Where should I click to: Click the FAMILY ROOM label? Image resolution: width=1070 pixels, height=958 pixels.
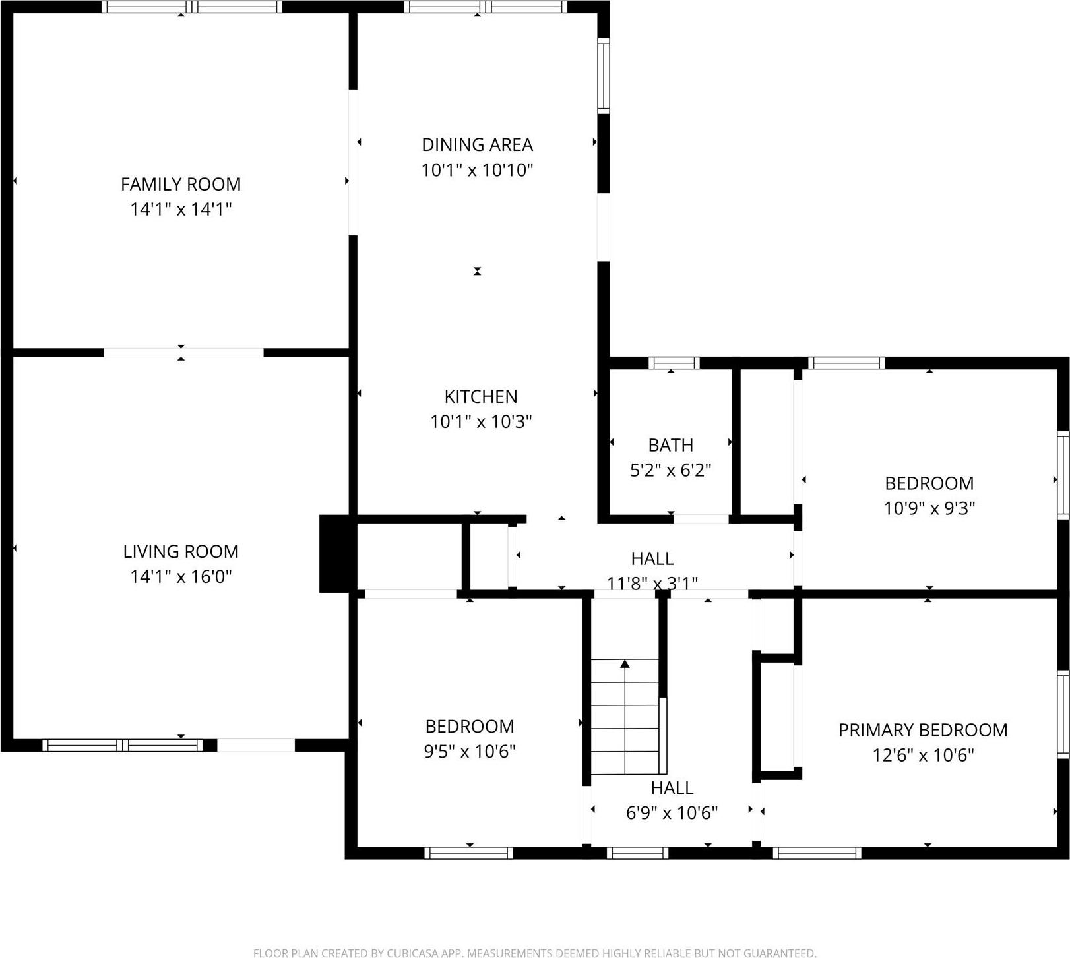(x=181, y=184)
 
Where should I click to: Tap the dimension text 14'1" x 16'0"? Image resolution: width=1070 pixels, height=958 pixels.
(x=181, y=576)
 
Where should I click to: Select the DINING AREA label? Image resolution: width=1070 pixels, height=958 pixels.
(x=477, y=144)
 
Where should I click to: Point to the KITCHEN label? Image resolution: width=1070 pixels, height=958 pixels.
(x=481, y=396)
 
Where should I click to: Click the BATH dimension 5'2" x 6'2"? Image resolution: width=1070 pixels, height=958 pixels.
(x=670, y=470)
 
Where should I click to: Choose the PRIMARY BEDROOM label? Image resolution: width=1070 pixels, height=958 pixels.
(x=922, y=730)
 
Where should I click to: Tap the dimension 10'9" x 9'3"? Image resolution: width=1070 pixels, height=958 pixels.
(x=929, y=508)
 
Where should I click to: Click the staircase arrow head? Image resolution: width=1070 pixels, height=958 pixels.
(x=625, y=663)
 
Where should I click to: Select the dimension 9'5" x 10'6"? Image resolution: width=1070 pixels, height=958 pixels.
(x=469, y=751)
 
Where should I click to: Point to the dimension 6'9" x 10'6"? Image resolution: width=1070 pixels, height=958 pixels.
(x=672, y=813)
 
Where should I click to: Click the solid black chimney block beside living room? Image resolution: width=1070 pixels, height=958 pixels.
(x=337, y=553)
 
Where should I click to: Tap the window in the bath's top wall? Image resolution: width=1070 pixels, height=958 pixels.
(x=674, y=363)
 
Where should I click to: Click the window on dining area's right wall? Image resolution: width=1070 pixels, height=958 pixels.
(x=604, y=76)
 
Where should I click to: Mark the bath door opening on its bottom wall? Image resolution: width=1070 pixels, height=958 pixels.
(x=701, y=520)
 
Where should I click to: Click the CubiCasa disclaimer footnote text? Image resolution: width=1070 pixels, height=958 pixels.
(x=534, y=952)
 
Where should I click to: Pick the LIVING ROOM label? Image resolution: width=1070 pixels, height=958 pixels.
(x=181, y=551)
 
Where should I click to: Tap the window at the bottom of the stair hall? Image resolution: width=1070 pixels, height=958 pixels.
(x=637, y=853)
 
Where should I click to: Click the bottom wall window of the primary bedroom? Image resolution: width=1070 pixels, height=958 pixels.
(x=817, y=853)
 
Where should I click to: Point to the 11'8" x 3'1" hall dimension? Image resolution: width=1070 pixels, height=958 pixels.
(x=652, y=584)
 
